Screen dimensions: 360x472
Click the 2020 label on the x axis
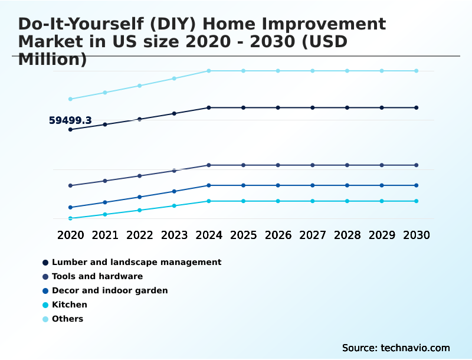pyautogui.click(x=71, y=235)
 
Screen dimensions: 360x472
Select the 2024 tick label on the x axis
pyautogui.click(x=209, y=235)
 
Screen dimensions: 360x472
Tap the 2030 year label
pyautogui.click(x=416, y=235)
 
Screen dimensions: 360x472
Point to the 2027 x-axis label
pyautogui.click(x=313, y=235)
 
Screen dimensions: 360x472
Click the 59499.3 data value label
pyautogui.click(x=70, y=120)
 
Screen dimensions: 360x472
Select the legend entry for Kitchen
pyautogui.click(x=69, y=305)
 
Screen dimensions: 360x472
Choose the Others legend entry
pyautogui.click(x=67, y=319)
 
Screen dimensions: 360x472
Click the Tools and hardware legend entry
pyautogui.click(x=97, y=276)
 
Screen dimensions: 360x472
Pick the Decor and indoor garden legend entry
pyautogui.click(x=110, y=290)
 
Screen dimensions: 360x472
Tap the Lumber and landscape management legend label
pyautogui.click(x=136, y=262)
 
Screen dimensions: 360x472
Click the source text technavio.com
pyautogui.click(x=396, y=348)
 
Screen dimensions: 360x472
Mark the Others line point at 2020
pyautogui.click(x=71, y=99)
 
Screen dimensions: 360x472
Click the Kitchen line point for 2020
pyautogui.click(x=71, y=218)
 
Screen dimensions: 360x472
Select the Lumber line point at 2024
pyautogui.click(x=209, y=107)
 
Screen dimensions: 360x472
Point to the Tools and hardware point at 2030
pyautogui.click(x=416, y=165)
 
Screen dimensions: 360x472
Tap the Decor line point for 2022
pyautogui.click(x=140, y=197)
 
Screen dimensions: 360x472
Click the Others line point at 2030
pyautogui.click(x=416, y=71)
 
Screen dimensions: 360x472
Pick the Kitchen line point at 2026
pyautogui.click(x=278, y=201)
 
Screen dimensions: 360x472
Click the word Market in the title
pyautogui.click(x=48, y=42)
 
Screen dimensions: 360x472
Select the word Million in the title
pyautogui.click(x=53, y=60)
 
